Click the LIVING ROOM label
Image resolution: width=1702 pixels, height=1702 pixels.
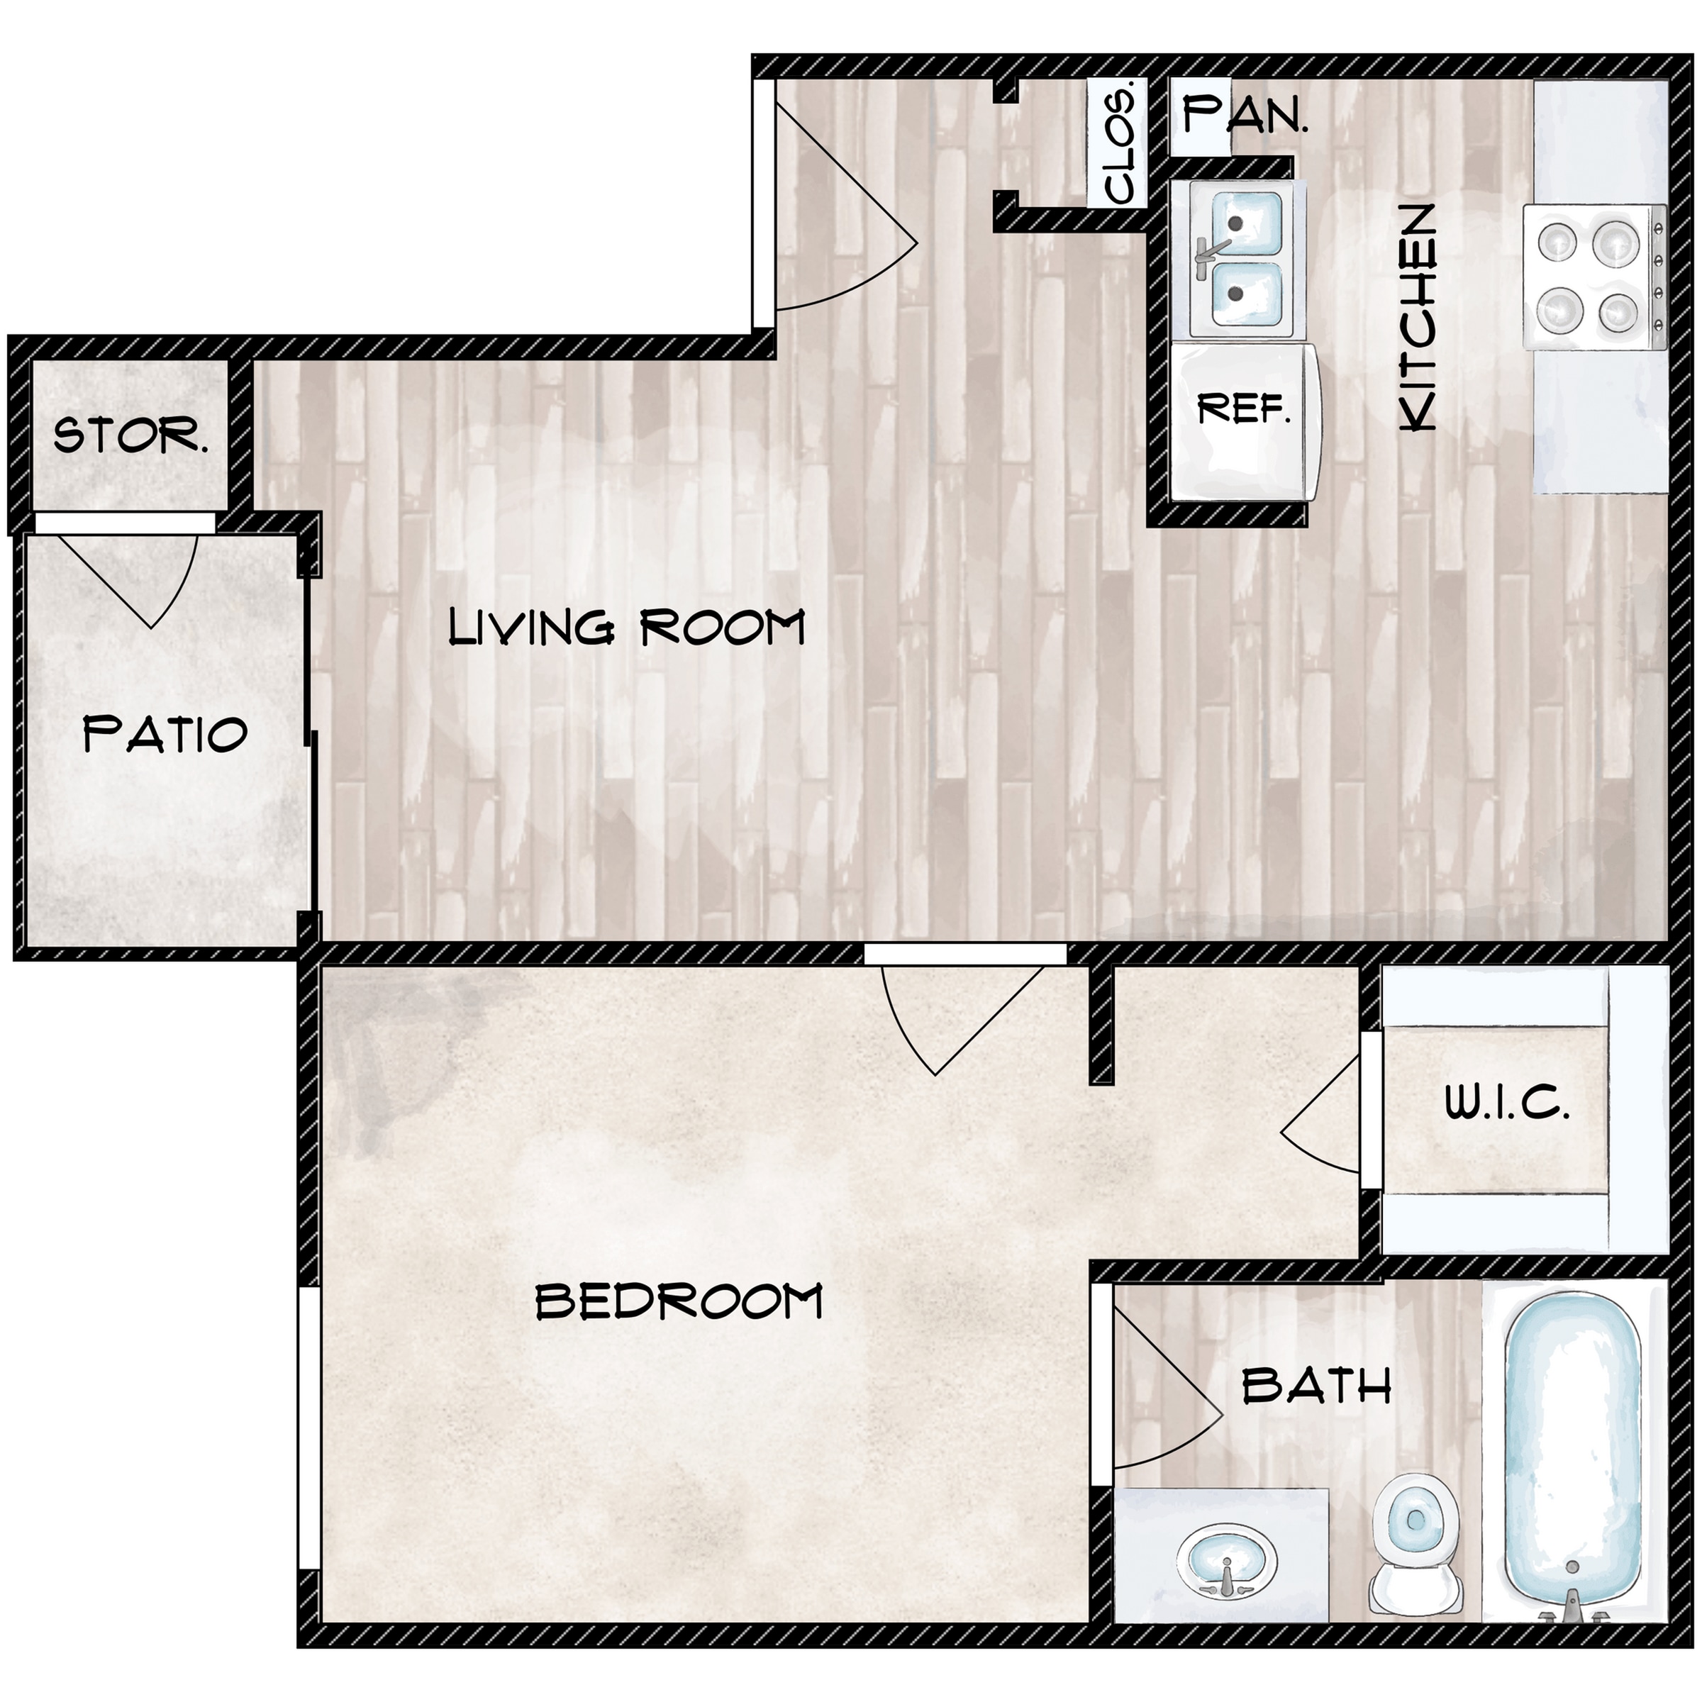626,626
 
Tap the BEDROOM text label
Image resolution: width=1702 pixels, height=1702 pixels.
679,1301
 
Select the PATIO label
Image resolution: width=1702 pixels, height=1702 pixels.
165,734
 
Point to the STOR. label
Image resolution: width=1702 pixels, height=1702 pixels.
131,435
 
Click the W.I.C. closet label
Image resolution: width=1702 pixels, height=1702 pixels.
1507,1102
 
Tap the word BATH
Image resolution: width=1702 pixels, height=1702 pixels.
1316,1386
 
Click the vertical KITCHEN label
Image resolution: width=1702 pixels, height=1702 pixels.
1418,317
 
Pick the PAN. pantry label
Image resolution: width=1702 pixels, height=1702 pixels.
1245,114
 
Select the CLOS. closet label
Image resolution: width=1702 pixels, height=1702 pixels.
1119,143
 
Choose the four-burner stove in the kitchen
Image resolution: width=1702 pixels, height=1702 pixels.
1593,277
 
